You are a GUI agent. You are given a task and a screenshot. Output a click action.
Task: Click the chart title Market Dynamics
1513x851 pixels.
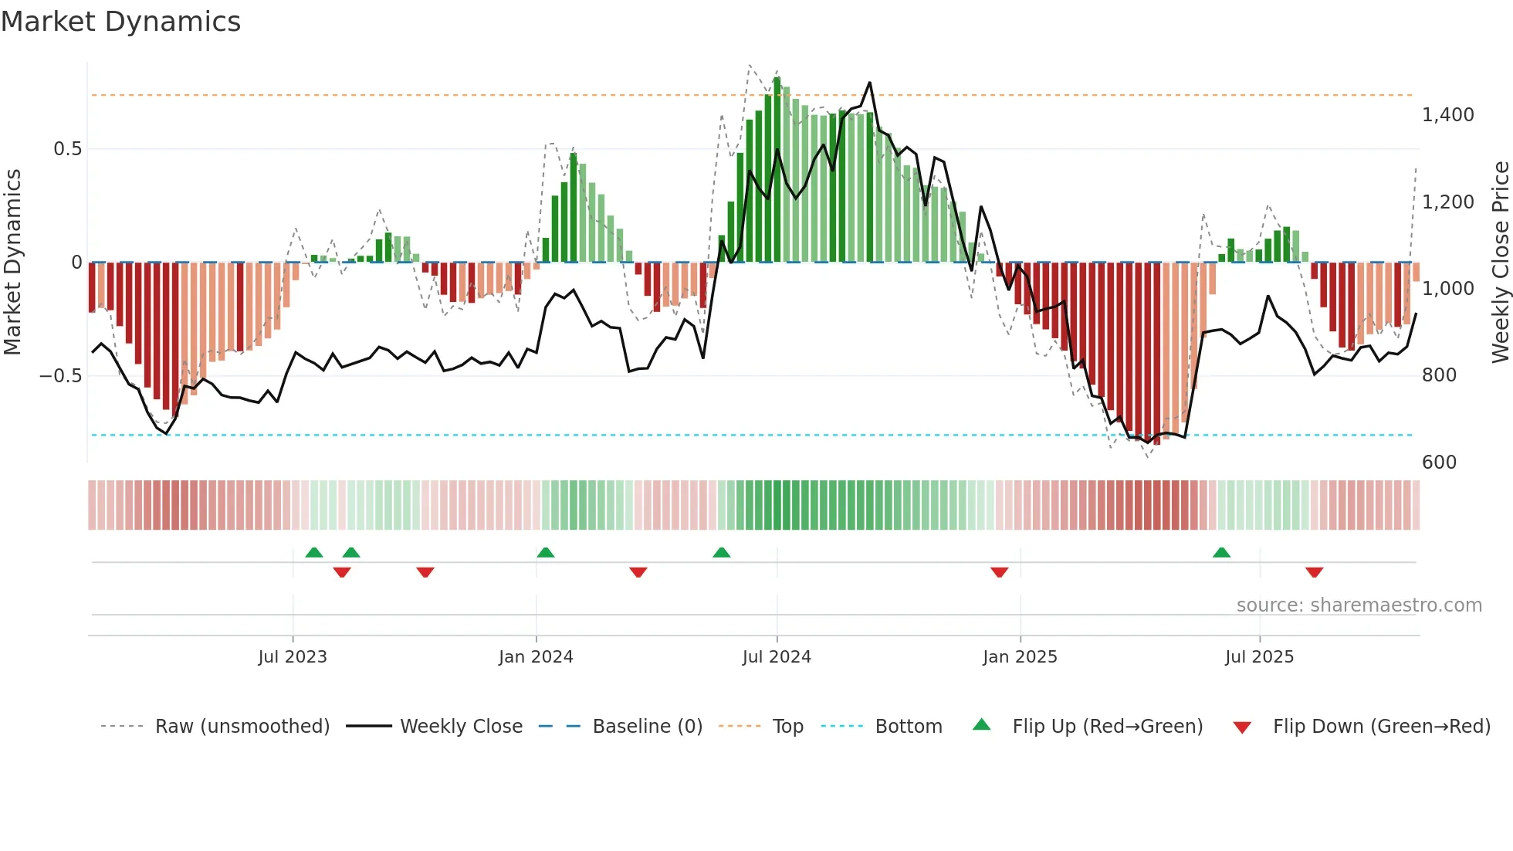point(121,22)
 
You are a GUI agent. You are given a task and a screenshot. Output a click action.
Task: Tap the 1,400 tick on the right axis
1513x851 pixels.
point(1447,115)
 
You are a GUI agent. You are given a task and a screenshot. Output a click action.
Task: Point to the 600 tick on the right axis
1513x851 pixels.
point(1439,462)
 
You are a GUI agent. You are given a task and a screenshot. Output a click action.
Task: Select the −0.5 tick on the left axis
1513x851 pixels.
point(60,376)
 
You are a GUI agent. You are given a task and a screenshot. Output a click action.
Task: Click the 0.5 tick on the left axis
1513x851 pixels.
point(67,149)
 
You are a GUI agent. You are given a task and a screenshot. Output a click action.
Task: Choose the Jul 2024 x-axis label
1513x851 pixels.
point(777,657)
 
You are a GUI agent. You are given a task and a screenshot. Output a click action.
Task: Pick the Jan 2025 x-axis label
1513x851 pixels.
point(1020,657)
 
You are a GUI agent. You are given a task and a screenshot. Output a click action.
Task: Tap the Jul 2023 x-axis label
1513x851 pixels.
point(293,657)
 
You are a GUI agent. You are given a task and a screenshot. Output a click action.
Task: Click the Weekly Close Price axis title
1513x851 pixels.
point(1500,263)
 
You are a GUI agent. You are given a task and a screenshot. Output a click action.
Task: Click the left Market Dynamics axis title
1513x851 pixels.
point(12,263)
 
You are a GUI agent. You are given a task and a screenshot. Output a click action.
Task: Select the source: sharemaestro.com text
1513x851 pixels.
point(1359,605)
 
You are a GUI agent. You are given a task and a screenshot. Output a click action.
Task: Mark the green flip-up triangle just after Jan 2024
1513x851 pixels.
point(545,553)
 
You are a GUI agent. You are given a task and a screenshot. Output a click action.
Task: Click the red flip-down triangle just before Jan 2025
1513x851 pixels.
point(999,572)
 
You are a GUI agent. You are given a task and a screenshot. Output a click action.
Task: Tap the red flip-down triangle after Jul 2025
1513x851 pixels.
point(1314,572)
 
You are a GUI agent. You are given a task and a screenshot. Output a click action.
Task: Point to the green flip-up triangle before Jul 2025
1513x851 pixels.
point(1221,553)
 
